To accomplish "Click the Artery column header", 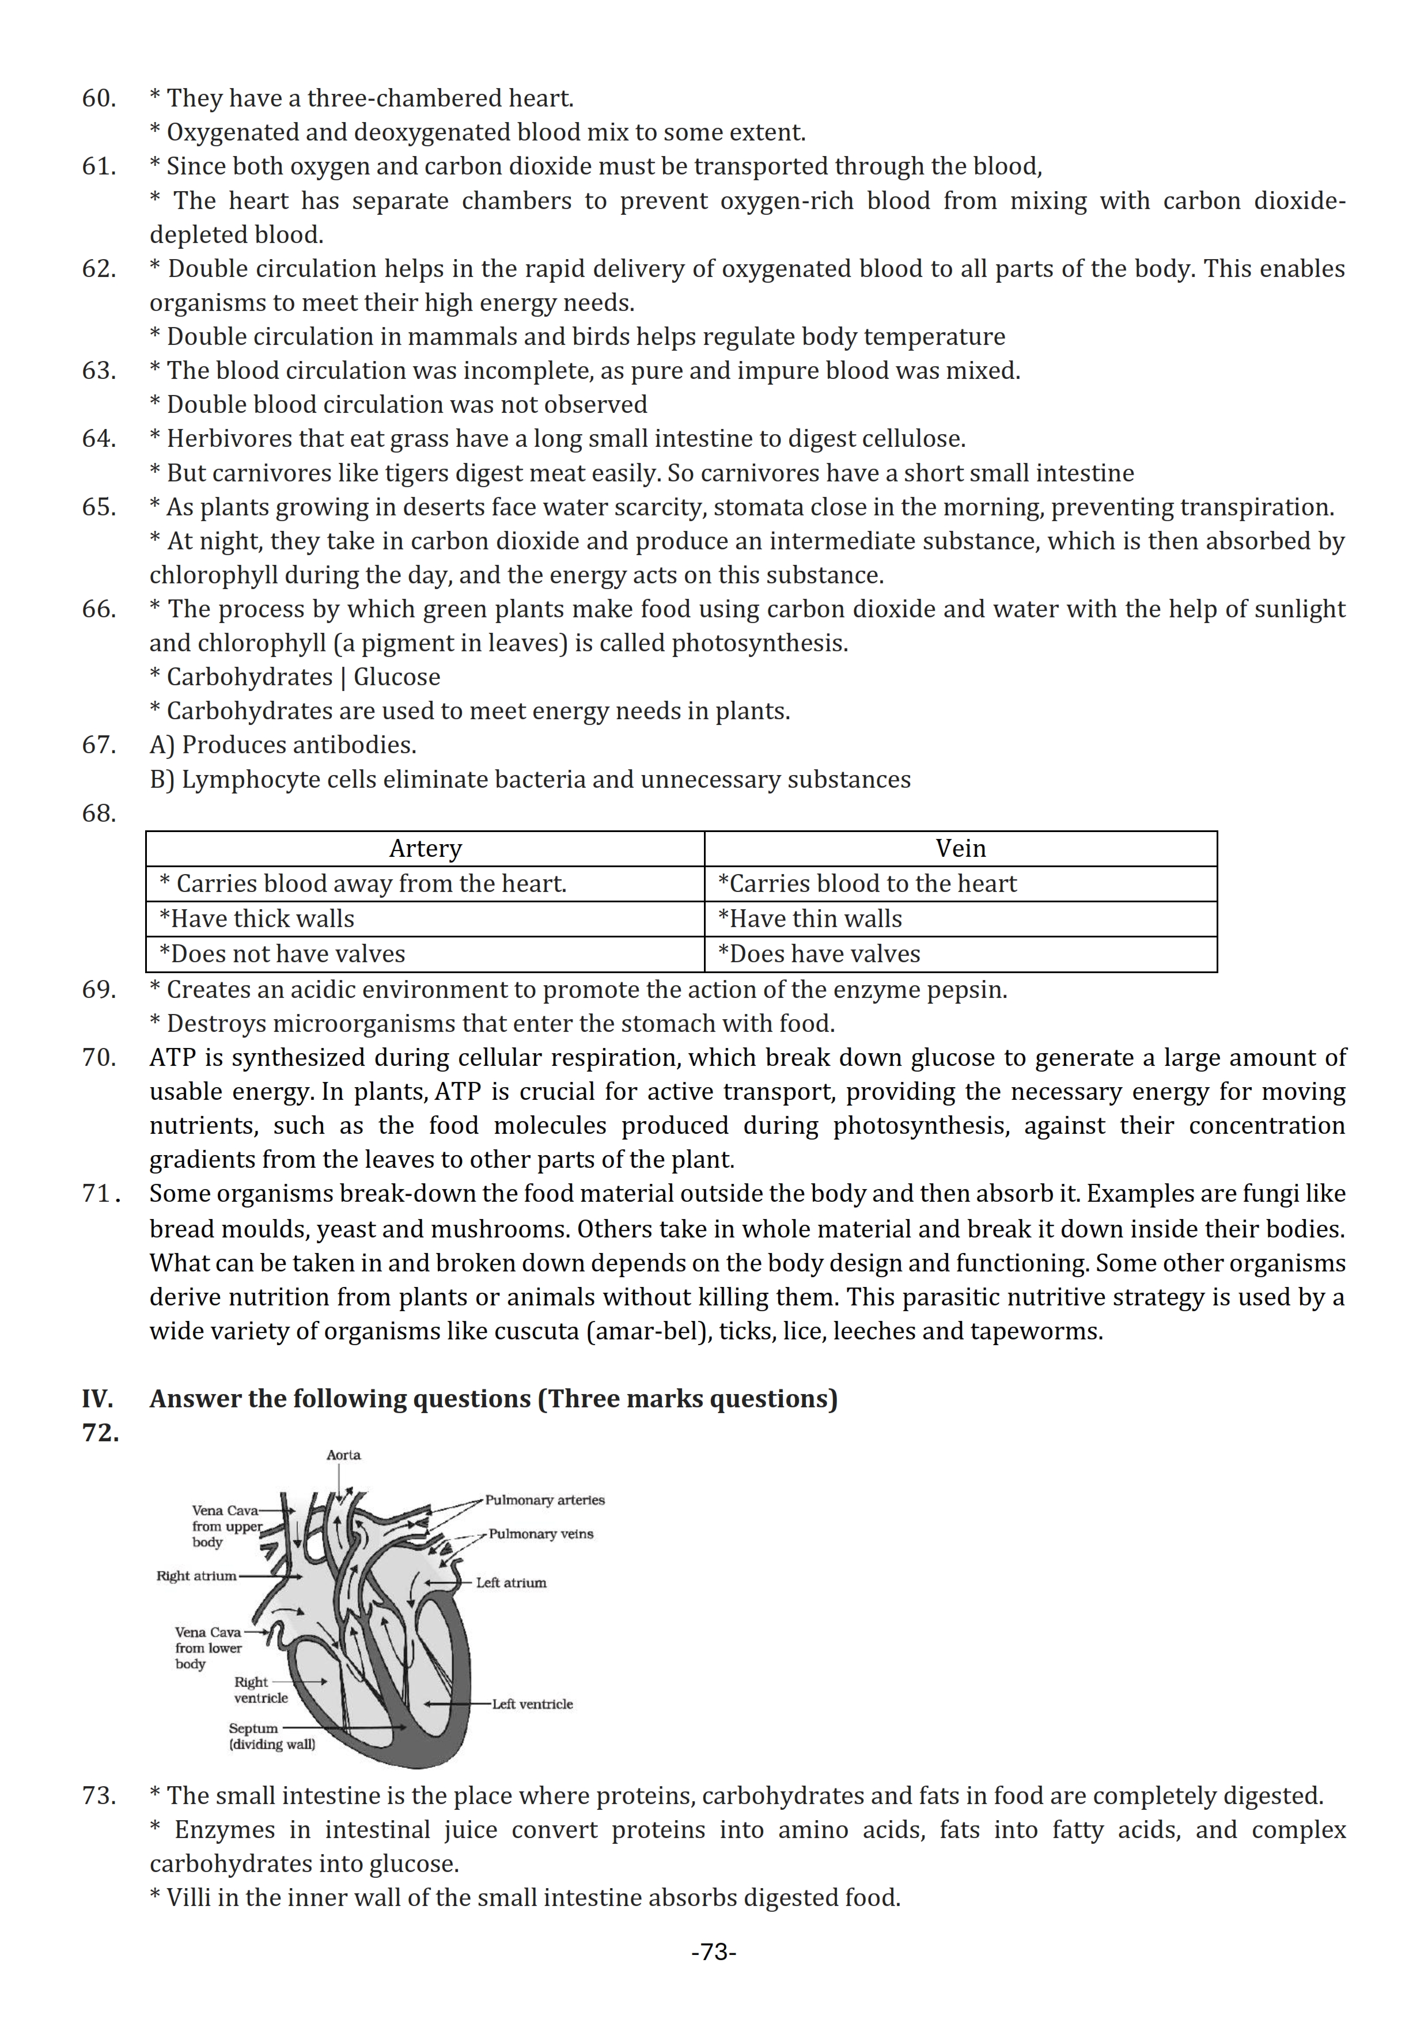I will [425, 848].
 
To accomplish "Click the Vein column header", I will [960, 848].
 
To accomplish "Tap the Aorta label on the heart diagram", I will [343, 1455].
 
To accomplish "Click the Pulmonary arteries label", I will [544, 1500].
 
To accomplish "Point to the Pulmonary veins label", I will [541, 1535].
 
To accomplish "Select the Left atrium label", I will [510, 1583].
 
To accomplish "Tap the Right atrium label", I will [196, 1575].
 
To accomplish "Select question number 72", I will [100, 1433].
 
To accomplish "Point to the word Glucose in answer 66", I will [397, 677].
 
